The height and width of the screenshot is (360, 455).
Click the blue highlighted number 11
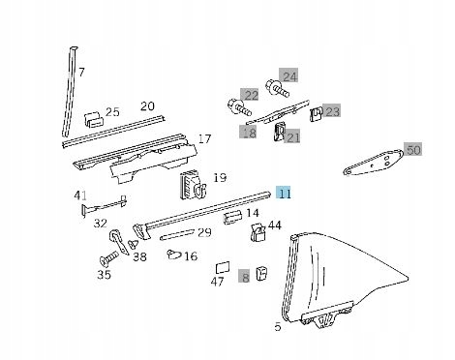point(284,194)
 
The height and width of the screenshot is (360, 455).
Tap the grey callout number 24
point(288,76)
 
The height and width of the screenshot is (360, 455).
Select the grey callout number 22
point(250,95)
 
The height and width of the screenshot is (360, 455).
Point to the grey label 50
point(413,150)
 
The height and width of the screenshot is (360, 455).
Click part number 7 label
point(81,72)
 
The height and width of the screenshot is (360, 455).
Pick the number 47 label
point(217,282)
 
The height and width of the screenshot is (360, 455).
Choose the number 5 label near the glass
point(278,326)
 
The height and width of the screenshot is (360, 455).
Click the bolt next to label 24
point(278,89)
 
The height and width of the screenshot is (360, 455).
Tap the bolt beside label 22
point(239,107)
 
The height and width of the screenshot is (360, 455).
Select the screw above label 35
point(109,258)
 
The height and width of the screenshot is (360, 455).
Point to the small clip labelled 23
point(317,114)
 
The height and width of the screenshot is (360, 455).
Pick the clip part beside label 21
point(280,132)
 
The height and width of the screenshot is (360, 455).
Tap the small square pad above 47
point(223,268)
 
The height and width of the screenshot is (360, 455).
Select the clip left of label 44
point(258,232)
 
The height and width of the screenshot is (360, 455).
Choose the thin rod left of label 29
point(177,234)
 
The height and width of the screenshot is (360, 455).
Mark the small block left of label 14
point(232,217)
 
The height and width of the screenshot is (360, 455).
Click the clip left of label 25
point(94,119)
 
